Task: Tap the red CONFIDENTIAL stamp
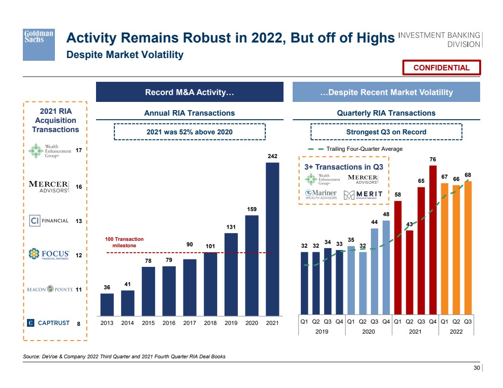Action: pos(441,68)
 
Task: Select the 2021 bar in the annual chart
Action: pos(273,239)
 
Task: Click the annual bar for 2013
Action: pos(107,304)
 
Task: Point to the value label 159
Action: pos(252,209)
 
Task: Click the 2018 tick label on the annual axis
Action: pos(210,323)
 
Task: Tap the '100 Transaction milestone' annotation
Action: pos(124,242)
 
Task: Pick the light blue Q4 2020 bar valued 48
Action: pos(386,267)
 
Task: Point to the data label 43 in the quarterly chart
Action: pos(410,224)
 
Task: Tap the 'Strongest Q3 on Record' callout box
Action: pos(386,132)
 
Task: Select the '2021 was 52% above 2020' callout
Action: pos(189,132)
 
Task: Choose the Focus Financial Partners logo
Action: pos(48,254)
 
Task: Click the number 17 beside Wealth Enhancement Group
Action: pos(79,150)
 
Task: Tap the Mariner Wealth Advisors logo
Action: pos(321,195)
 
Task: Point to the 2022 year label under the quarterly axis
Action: pos(456,331)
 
